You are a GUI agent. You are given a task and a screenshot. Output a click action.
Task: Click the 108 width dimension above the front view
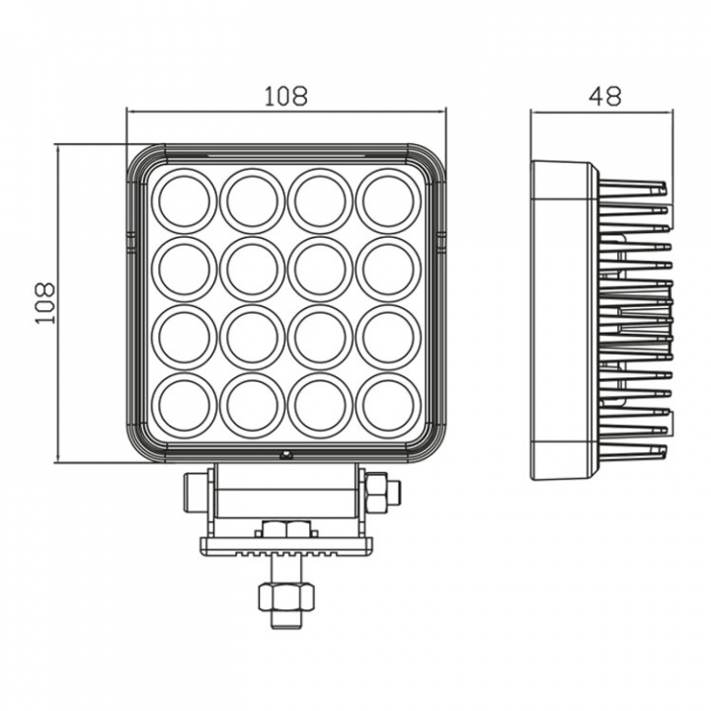pos(285,97)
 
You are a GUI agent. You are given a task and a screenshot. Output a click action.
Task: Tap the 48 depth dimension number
pos(604,97)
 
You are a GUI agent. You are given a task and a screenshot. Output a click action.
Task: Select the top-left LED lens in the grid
pos(184,200)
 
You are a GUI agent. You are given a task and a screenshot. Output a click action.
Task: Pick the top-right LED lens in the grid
pos(388,200)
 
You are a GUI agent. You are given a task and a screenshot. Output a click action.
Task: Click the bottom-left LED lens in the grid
pos(184,405)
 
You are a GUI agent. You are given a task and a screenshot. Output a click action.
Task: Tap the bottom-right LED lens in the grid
pos(388,405)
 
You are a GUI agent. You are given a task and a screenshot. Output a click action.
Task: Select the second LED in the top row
pos(252,200)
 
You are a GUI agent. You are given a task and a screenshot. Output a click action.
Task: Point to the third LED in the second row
pos(320,269)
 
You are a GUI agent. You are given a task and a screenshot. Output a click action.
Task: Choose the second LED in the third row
pos(252,337)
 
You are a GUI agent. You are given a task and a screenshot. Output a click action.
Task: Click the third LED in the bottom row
pos(320,405)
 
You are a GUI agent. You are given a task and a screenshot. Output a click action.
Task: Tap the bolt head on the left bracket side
pos(194,491)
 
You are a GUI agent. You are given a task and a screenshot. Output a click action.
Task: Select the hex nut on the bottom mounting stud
pos(285,595)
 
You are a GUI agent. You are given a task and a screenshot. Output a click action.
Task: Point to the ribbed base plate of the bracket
pos(285,545)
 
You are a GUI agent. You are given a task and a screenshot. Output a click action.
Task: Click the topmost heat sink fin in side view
pos(632,187)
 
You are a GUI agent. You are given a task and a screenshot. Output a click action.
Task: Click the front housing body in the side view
pos(563,320)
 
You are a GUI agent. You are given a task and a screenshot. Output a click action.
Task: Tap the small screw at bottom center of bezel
pos(285,455)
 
